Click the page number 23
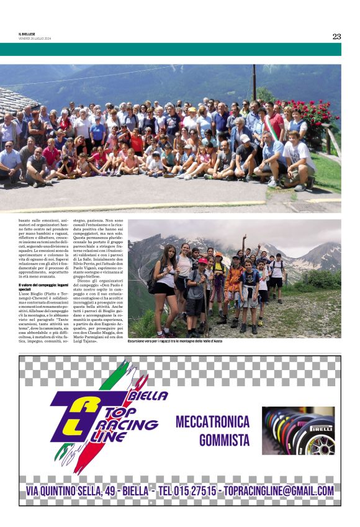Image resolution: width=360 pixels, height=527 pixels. point(336,36)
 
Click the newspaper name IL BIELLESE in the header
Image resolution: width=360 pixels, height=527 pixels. point(27,34)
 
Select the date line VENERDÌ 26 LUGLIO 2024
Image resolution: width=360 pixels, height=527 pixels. point(35,38)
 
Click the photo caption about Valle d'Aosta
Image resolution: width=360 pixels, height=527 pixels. point(174,341)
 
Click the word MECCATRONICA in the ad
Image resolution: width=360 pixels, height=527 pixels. point(212,422)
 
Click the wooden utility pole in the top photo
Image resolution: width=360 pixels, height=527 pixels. point(254,81)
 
